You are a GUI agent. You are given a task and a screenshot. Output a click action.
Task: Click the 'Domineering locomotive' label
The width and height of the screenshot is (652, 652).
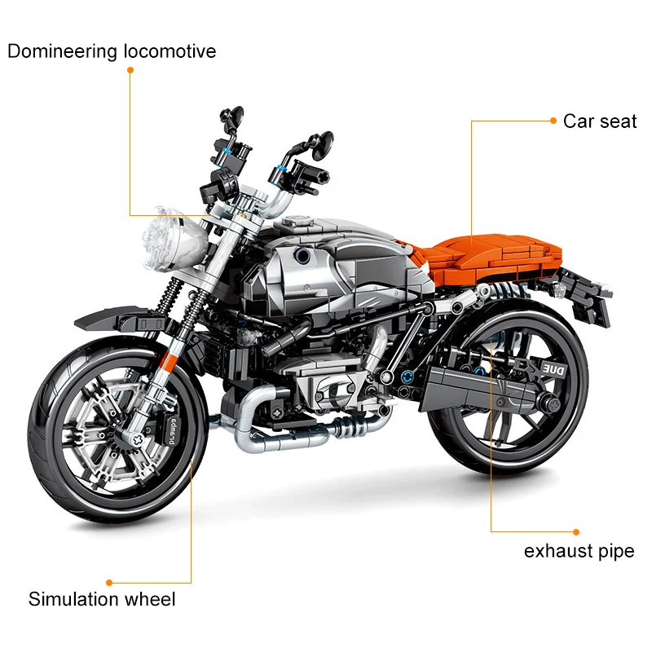[112, 51]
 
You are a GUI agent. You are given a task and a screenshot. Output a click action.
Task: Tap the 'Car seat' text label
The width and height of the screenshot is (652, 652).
[599, 121]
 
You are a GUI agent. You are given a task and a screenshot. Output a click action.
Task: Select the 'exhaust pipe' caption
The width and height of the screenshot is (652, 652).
[579, 551]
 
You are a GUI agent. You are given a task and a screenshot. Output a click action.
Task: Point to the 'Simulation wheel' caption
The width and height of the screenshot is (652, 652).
[102, 600]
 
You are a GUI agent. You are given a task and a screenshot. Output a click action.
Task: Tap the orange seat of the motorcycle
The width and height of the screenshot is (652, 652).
[497, 255]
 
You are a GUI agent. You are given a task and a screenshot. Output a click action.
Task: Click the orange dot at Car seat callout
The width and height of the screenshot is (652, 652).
[553, 121]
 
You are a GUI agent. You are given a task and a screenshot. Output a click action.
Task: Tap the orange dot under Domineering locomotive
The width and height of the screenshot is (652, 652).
[129, 70]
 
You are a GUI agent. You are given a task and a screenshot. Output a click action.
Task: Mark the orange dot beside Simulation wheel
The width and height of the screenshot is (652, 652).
[109, 583]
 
